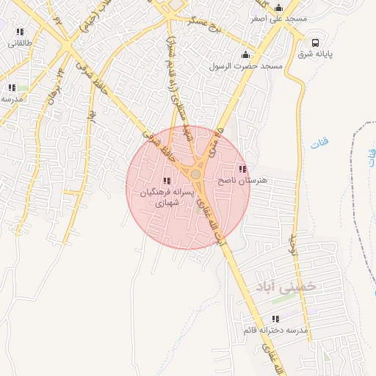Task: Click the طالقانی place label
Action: pyautogui.click(x=16, y=43)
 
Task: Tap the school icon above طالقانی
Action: pyautogui.click(x=20, y=32)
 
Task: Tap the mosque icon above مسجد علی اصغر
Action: pyautogui.click(x=278, y=8)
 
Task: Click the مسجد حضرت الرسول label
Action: pyautogui.click(x=253, y=65)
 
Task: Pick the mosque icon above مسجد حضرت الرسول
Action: pyautogui.click(x=245, y=54)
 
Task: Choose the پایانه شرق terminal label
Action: pyautogui.click(x=316, y=54)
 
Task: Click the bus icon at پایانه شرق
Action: pyautogui.click(x=315, y=43)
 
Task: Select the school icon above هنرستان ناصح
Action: pyautogui.click(x=242, y=169)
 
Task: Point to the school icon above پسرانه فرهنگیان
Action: pyautogui.click(x=167, y=181)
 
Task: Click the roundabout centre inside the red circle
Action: pyautogui.click(x=196, y=173)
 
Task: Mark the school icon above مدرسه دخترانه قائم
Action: pyautogui.click(x=275, y=319)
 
